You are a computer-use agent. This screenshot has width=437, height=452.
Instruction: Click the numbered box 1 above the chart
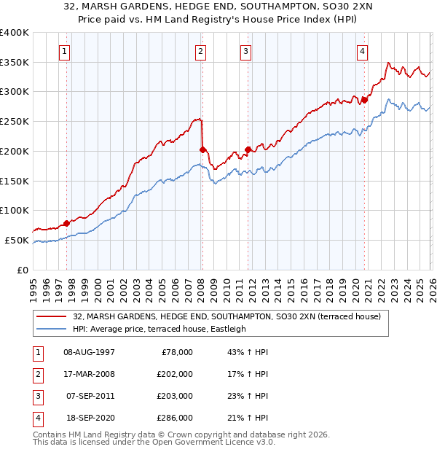coord(66,51)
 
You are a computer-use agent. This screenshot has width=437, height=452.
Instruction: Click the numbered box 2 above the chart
coord(200,51)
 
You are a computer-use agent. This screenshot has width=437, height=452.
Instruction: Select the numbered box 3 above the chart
coord(246,51)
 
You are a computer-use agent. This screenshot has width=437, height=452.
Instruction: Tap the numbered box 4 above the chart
coord(362,51)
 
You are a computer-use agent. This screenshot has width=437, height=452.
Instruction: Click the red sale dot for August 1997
coord(66,223)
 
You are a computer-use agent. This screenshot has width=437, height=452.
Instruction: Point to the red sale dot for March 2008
coord(202,149)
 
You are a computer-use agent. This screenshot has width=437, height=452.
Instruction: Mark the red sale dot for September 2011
coord(248,149)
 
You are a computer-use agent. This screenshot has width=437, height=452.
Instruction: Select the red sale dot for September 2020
coord(364,100)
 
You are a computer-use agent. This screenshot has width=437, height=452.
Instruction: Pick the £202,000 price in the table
coord(176,374)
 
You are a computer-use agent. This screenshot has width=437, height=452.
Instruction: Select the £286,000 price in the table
coord(176,418)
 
